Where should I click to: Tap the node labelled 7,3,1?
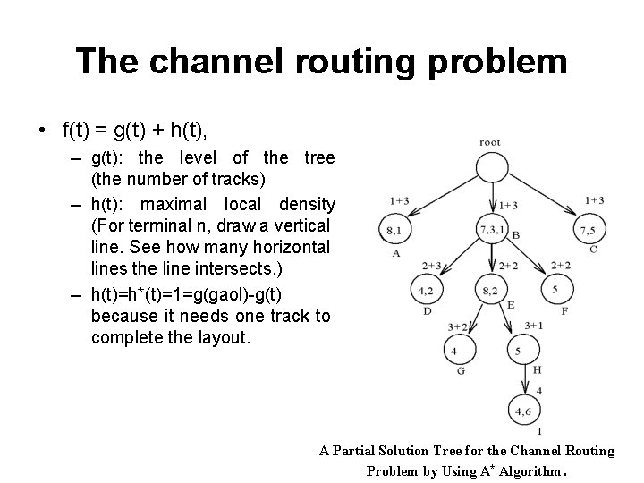pos(491,230)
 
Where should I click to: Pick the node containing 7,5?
pos(587,230)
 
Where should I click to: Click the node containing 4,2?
pos(426,290)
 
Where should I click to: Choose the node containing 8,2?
pos(490,290)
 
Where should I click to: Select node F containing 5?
pos(555,290)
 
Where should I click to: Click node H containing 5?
pos(519,351)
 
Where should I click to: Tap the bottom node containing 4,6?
pos(521,411)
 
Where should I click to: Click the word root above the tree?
pos(490,141)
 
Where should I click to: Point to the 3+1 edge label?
pos(534,325)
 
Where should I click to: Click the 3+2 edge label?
pos(459,326)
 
